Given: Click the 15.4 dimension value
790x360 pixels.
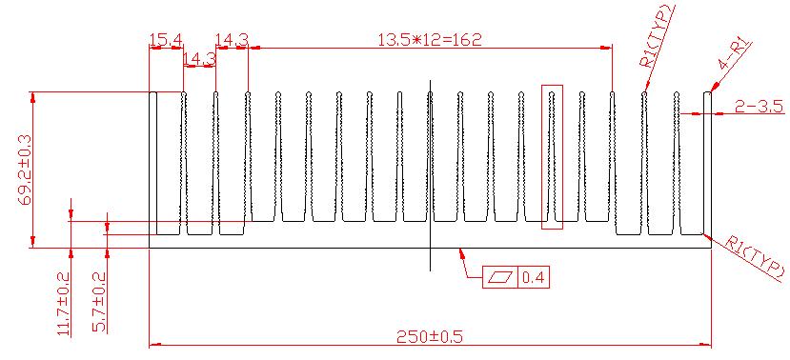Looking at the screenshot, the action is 166,39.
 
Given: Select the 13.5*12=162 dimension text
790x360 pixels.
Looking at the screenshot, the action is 430,39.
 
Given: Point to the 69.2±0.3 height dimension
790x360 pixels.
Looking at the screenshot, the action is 24,170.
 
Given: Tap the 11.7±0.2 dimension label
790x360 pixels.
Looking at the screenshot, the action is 64,303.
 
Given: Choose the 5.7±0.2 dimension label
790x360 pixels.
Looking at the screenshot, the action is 99,302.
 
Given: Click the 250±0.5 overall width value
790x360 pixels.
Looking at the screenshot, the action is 429,336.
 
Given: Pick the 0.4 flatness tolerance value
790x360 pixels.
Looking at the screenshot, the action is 534,277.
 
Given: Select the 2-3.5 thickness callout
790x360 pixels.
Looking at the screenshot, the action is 759,107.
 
